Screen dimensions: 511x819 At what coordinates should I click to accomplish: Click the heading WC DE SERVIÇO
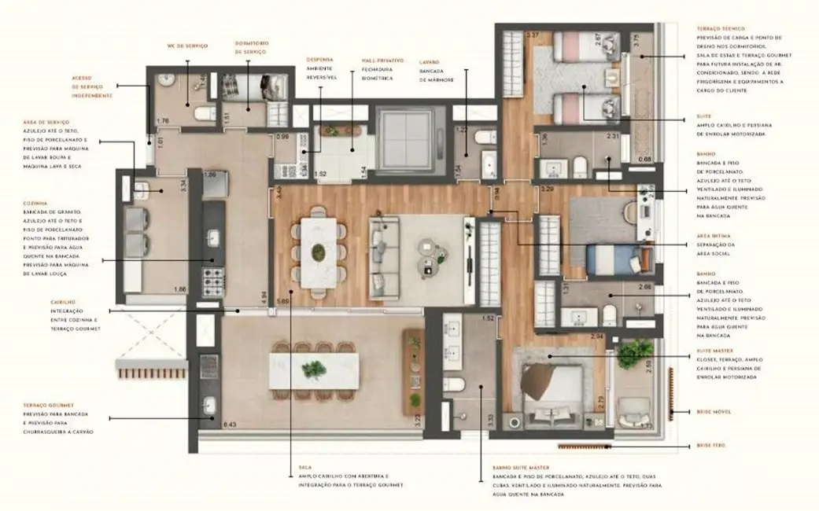pos(186,46)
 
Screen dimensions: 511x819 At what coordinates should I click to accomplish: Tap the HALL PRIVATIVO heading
pos(382,60)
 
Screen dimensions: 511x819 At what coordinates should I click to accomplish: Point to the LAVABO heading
pos(430,61)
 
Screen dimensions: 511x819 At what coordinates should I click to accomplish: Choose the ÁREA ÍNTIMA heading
pos(712,235)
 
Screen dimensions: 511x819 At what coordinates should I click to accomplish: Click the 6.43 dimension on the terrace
pos(230,425)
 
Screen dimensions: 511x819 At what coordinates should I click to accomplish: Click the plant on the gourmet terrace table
pos(314,369)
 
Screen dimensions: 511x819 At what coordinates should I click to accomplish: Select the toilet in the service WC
pos(203,115)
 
